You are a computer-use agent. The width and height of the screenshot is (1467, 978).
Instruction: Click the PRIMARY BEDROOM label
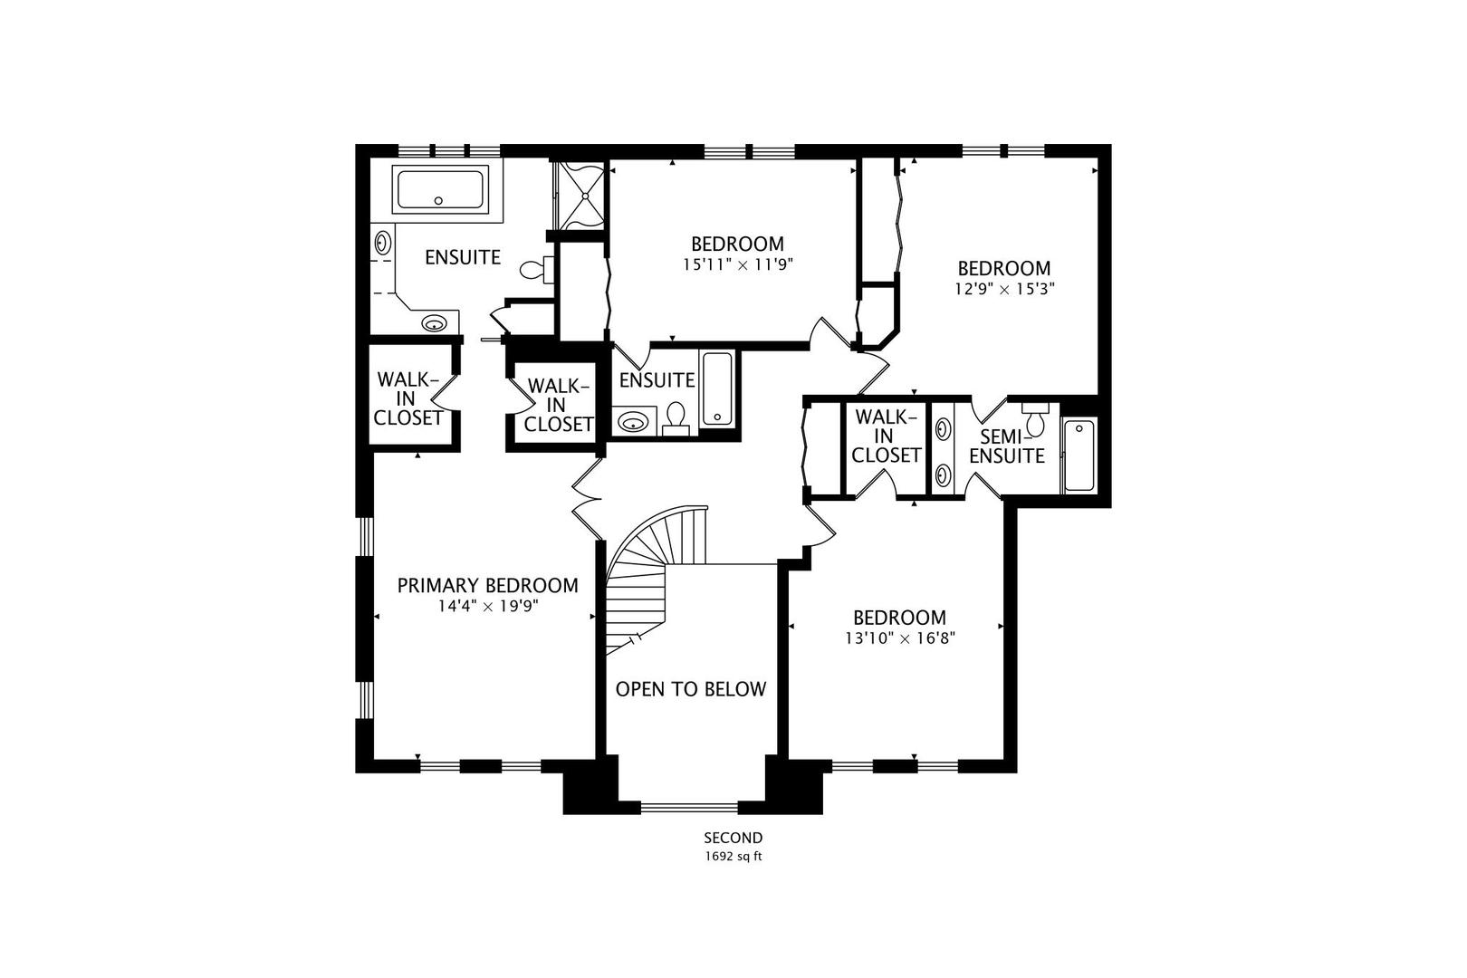pyautogui.click(x=487, y=586)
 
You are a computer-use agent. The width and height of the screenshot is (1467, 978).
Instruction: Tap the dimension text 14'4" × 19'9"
pyautogui.click(x=488, y=607)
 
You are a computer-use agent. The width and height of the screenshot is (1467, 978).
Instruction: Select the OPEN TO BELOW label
pyautogui.click(x=690, y=689)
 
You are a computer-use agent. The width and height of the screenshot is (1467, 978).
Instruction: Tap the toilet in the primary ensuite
pyautogui.click(x=535, y=269)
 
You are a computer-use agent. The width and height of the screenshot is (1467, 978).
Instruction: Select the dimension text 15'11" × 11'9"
pyautogui.click(x=737, y=264)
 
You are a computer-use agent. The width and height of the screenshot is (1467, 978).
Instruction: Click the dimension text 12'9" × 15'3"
pyautogui.click(x=1004, y=289)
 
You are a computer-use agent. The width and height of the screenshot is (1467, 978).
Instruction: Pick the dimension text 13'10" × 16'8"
pyautogui.click(x=899, y=638)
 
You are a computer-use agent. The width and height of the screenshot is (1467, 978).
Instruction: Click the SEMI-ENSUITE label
pyautogui.click(x=1007, y=446)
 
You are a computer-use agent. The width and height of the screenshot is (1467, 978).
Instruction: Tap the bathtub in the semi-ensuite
pyautogui.click(x=1079, y=455)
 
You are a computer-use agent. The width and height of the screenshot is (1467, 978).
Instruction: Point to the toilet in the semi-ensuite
pyautogui.click(x=1038, y=420)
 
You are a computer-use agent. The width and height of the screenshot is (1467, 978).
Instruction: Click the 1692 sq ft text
pyautogui.click(x=733, y=856)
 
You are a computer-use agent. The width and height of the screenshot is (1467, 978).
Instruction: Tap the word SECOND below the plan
pyautogui.click(x=733, y=838)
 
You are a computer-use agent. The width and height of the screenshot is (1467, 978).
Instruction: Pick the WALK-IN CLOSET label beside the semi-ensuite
pyautogui.click(x=886, y=436)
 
